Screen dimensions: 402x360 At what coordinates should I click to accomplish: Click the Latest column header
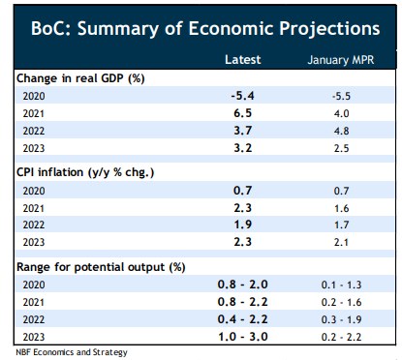243,60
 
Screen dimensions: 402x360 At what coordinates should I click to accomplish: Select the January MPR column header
341,60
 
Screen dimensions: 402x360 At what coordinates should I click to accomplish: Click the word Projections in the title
329,29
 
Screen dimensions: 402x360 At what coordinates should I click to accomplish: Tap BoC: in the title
51,28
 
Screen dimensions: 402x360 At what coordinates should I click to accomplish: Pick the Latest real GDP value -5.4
242,96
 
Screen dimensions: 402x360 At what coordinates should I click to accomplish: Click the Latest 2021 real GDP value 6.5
243,113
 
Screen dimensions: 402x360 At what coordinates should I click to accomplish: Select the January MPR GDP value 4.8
341,131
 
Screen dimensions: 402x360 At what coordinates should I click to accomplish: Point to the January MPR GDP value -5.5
341,96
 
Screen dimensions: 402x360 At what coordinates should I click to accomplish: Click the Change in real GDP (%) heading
80,78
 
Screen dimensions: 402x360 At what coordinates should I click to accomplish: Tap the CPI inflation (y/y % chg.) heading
85,172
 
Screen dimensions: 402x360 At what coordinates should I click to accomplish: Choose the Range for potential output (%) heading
101,267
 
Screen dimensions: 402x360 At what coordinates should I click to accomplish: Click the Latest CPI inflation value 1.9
243,225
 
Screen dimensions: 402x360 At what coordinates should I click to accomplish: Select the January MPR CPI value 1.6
341,208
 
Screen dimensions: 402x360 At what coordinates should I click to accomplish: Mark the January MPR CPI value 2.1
341,242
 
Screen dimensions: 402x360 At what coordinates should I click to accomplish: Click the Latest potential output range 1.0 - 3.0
243,337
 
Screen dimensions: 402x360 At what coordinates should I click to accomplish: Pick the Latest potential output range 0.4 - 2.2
243,319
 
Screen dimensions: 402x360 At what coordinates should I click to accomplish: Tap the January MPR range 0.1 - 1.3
341,285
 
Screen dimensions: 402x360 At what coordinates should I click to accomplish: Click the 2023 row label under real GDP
34,148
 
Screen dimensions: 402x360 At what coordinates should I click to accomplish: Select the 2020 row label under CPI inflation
34,191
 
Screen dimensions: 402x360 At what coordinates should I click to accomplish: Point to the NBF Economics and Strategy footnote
72,352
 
